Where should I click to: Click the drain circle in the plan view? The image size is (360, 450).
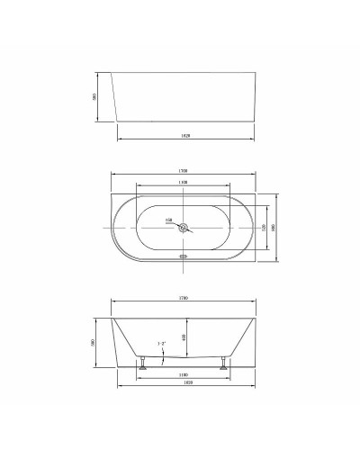184,227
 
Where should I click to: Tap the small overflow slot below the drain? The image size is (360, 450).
184,255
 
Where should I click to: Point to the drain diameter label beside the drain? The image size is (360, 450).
167,220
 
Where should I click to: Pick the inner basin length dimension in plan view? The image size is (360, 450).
184,182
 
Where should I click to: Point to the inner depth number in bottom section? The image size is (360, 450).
210,337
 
